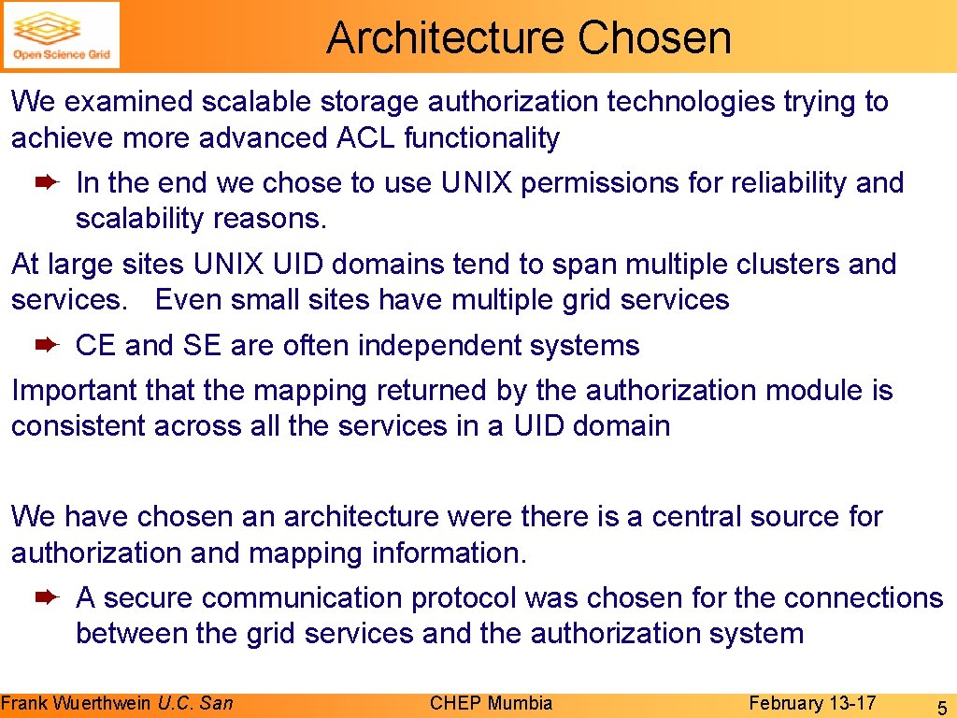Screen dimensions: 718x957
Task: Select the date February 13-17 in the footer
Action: tap(812, 703)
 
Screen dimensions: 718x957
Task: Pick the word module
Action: tap(812, 391)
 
